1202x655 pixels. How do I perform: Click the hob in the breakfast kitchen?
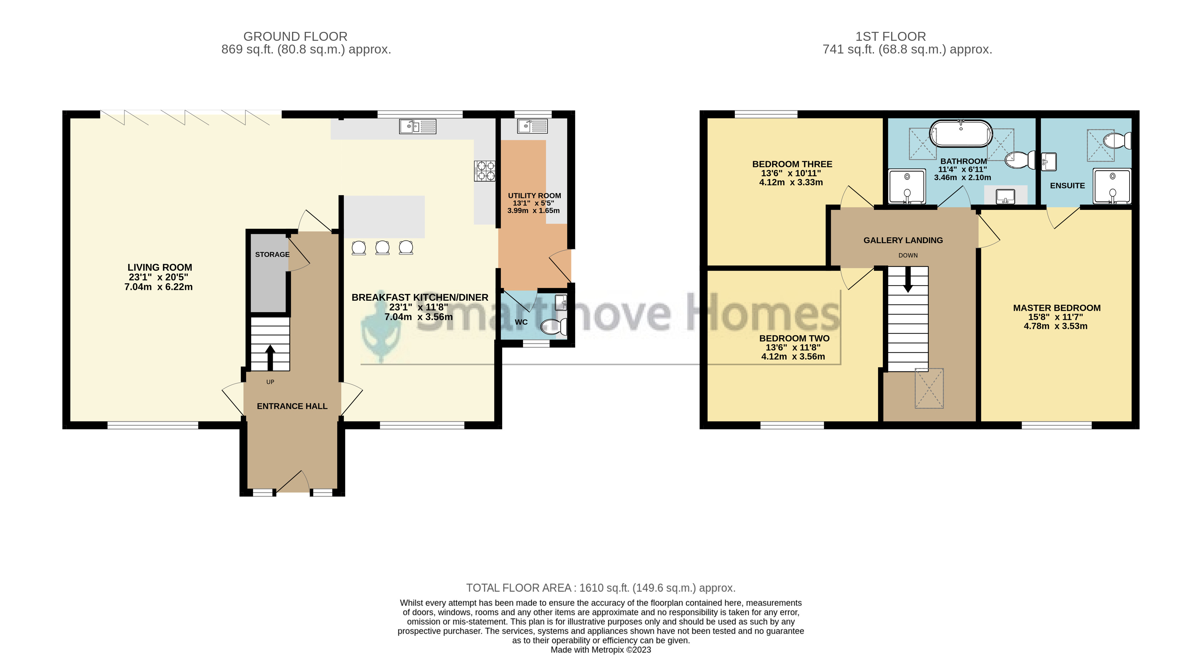pyautogui.click(x=485, y=170)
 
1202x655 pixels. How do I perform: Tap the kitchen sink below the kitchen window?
pyautogui.click(x=417, y=127)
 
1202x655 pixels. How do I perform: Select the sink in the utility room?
pyautogui.click(x=532, y=126)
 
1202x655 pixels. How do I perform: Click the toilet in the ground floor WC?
pyautogui.click(x=554, y=327)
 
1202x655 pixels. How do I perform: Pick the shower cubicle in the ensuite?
pyautogui.click(x=1113, y=186)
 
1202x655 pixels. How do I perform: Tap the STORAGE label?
pyautogui.click(x=272, y=254)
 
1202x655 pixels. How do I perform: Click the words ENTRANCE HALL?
pyautogui.click(x=292, y=406)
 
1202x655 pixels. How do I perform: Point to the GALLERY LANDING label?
pyautogui.click(x=903, y=240)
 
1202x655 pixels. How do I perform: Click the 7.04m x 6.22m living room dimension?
pyautogui.click(x=159, y=287)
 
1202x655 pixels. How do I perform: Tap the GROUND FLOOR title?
pyautogui.click(x=295, y=36)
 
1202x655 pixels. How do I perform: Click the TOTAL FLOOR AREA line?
pyautogui.click(x=600, y=588)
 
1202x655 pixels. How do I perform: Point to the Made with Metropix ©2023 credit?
pyautogui.click(x=600, y=650)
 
